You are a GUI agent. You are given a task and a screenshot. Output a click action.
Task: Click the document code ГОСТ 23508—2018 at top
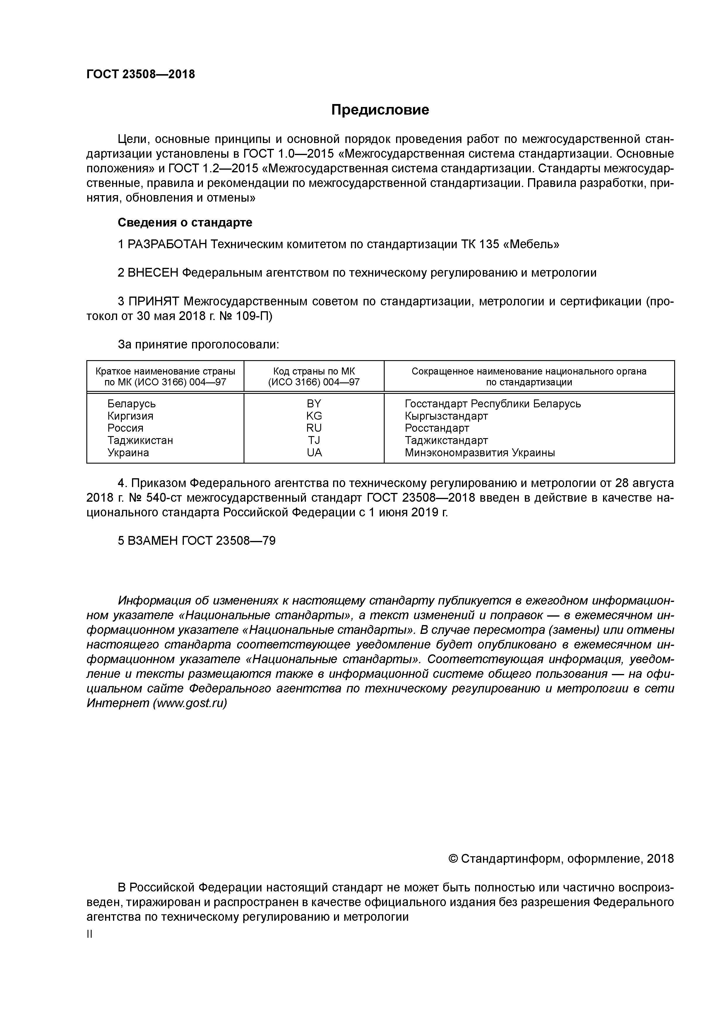[x=141, y=74]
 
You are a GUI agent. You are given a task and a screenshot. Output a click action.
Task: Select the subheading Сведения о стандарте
[x=185, y=222]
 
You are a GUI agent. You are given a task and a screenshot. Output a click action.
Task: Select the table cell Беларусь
[x=131, y=404]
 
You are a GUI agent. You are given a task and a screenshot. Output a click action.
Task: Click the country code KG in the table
[x=314, y=416]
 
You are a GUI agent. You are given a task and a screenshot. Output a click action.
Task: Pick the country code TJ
[x=314, y=440]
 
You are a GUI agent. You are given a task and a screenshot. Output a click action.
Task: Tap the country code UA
[x=314, y=453]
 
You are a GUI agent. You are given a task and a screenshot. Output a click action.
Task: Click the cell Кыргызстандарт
[x=446, y=416]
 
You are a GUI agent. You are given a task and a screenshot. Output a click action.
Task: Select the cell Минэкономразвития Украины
[x=480, y=453]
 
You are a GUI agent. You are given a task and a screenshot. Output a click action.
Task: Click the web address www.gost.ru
[x=190, y=703]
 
